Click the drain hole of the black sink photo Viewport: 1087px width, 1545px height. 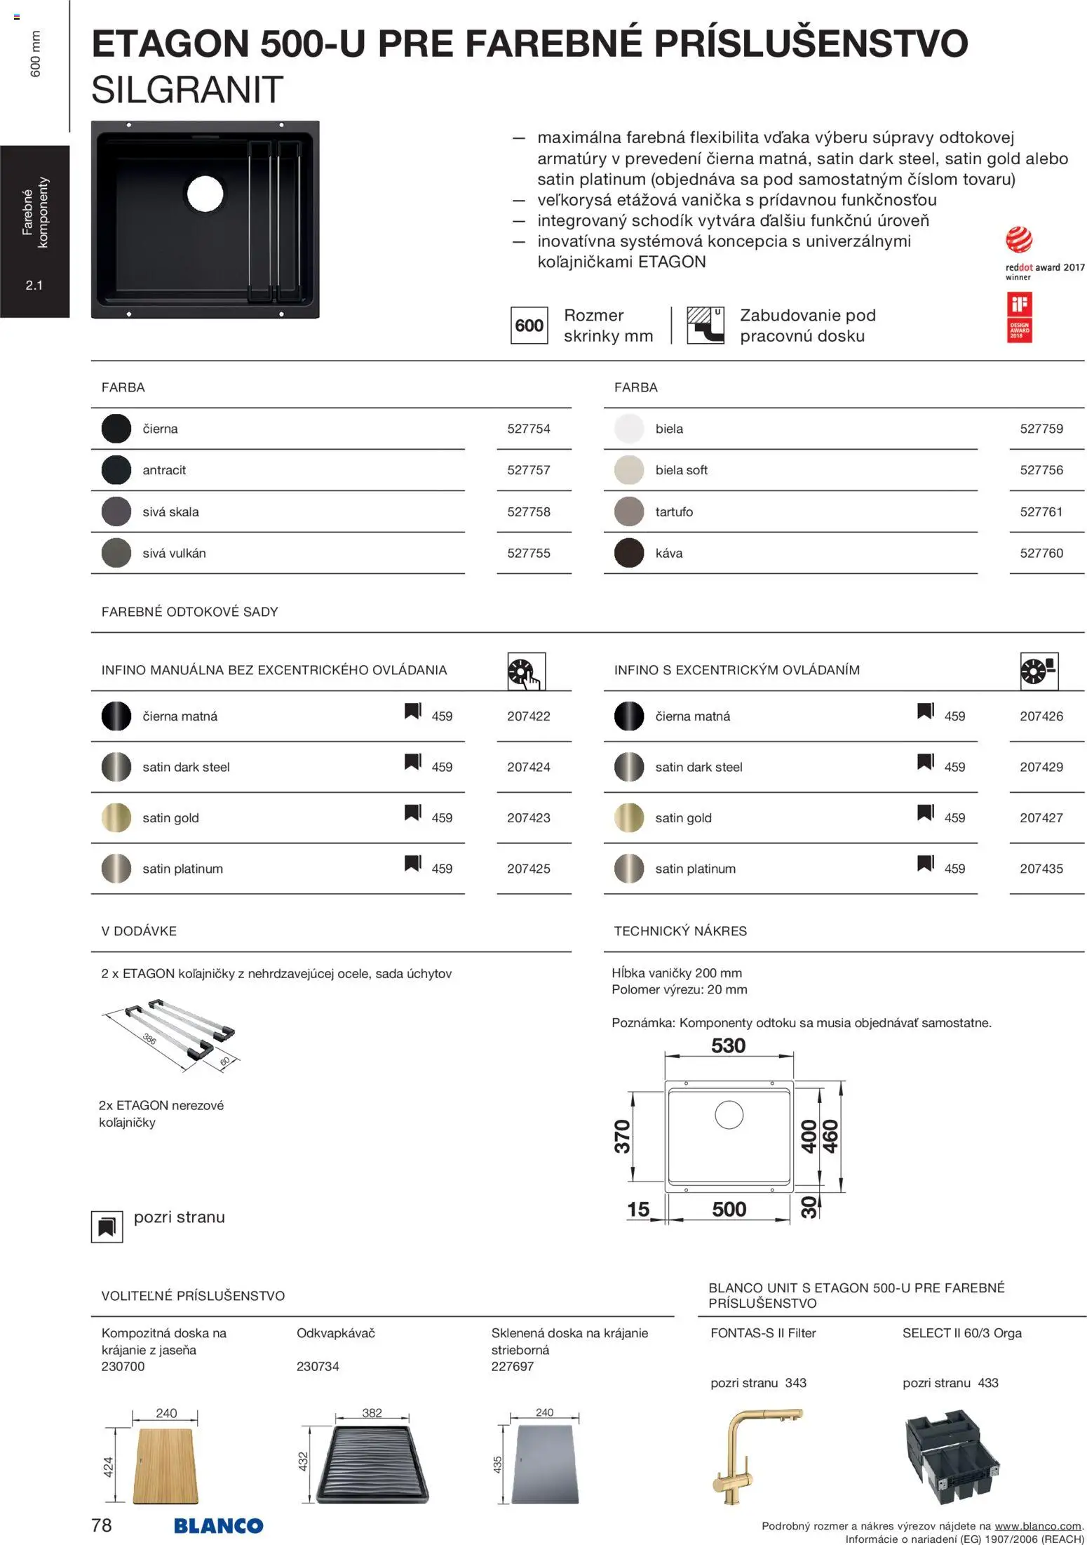(x=205, y=192)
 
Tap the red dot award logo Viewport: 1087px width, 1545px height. (x=1018, y=240)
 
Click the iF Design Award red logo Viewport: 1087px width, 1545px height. (x=1019, y=317)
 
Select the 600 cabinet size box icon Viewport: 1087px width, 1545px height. (x=529, y=326)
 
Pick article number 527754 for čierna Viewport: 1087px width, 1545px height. (x=529, y=429)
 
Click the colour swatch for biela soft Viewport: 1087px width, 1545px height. (x=628, y=470)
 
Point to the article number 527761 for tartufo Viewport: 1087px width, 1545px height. (x=1041, y=511)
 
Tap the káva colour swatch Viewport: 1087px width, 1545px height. (x=628, y=553)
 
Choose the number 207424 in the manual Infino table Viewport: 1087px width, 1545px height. (x=529, y=767)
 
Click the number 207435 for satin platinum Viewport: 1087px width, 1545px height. (x=1041, y=869)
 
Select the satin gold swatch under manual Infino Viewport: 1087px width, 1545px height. (x=116, y=817)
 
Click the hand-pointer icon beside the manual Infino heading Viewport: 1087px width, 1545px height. (x=526, y=672)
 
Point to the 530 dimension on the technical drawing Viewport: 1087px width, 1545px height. (x=728, y=1046)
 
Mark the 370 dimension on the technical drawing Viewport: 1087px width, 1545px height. (x=622, y=1136)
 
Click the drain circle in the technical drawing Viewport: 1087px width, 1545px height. (x=729, y=1114)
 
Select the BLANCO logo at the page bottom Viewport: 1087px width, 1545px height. (x=218, y=1525)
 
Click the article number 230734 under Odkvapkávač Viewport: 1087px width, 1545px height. (x=318, y=1366)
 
